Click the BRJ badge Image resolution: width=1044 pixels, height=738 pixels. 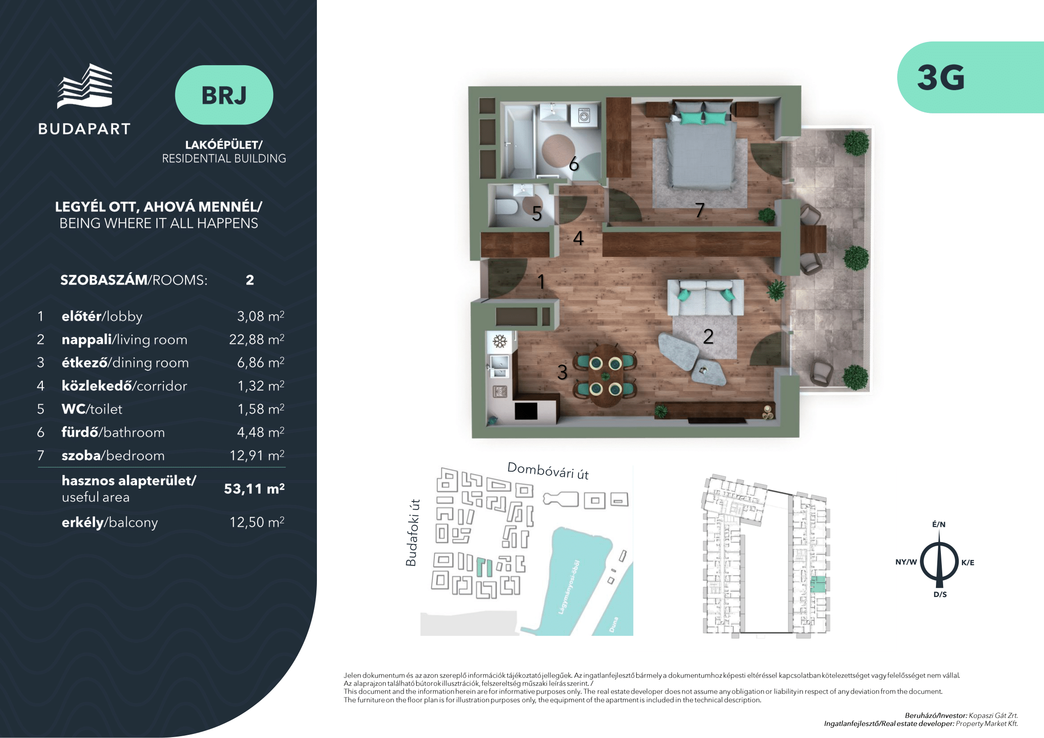224,95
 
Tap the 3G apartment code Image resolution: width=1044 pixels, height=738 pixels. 940,78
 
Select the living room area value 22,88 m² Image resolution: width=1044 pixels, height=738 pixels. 257,340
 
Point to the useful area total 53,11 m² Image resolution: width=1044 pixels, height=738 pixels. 254,489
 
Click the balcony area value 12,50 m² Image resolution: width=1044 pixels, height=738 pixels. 257,522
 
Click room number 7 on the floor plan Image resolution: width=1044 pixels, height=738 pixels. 700,210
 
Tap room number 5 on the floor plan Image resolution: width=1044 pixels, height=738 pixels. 537,214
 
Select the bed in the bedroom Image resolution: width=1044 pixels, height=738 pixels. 701,145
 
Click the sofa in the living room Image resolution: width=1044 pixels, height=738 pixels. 705,298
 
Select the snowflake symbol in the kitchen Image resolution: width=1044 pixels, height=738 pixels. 500,341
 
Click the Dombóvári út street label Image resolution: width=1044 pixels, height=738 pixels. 548,471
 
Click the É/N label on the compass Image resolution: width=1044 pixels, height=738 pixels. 939,524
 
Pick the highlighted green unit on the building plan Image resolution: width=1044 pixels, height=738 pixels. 818,584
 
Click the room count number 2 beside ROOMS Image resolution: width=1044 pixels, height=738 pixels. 250,280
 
